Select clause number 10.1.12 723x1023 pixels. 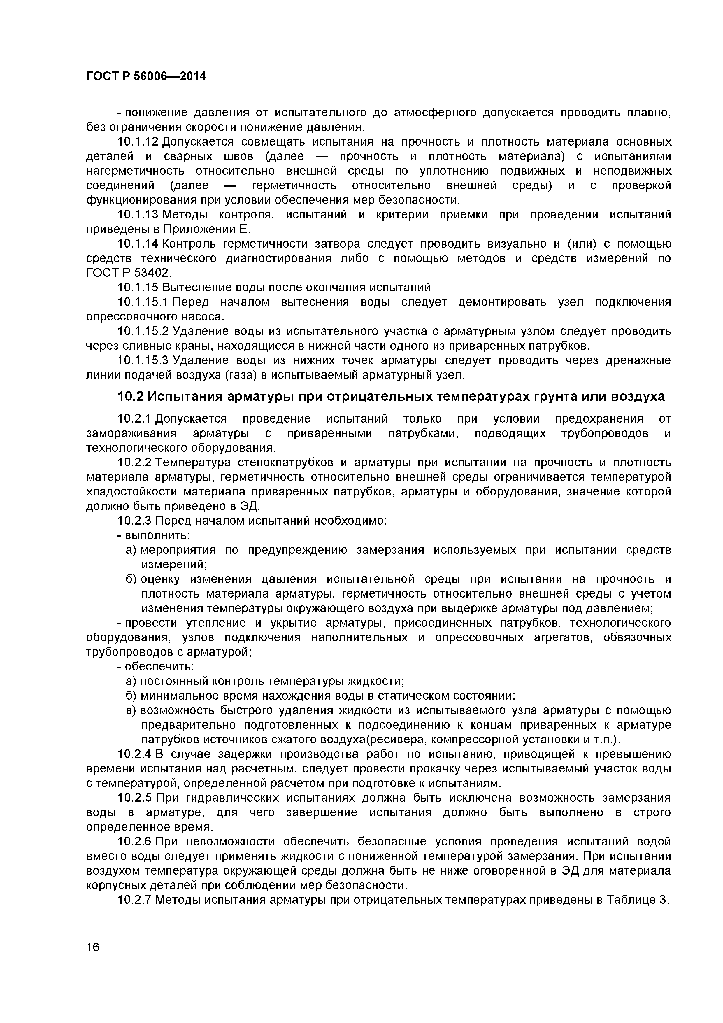click(x=138, y=142)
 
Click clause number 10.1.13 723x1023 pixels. click(x=138, y=215)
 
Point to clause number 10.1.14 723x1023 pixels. click(x=138, y=244)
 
